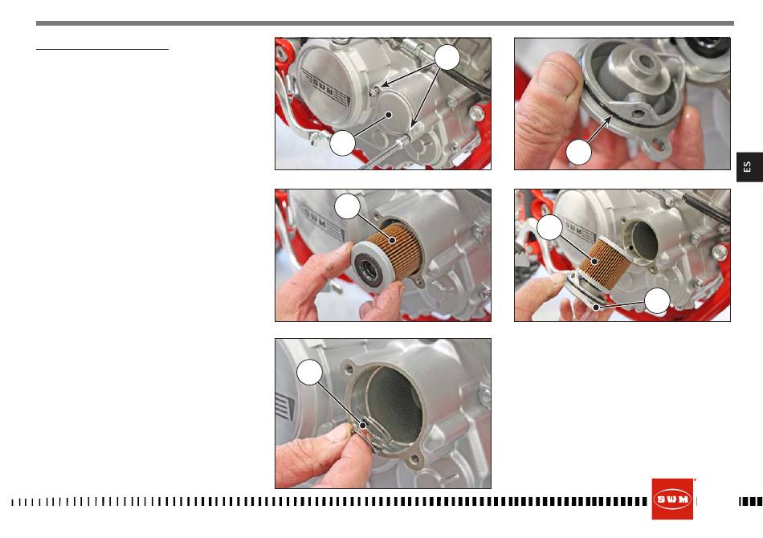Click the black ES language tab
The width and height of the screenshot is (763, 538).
(x=749, y=167)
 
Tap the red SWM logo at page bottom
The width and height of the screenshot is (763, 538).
(x=672, y=499)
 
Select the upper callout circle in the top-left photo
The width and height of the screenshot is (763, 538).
(x=447, y=57)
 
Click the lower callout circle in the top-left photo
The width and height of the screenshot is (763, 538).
(x=342, y=143)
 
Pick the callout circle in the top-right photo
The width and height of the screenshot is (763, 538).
(x=578, y=153)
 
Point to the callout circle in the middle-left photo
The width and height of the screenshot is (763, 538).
(x=348, y=206)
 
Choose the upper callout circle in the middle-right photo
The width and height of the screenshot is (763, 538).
(x=550, y=227)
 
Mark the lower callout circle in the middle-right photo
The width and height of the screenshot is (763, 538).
(x=657, y=300)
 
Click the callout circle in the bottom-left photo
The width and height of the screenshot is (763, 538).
(x=309, y=372)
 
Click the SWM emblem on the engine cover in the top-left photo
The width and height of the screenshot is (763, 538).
(x=325, y=88)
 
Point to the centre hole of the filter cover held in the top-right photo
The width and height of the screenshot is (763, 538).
(x=645, y=61)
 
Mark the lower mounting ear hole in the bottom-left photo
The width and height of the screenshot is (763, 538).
(x=414, y=459)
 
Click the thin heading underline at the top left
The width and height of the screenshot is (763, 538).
(x=102, y=49)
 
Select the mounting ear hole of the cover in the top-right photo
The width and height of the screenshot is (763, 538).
(x=659, y=145)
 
